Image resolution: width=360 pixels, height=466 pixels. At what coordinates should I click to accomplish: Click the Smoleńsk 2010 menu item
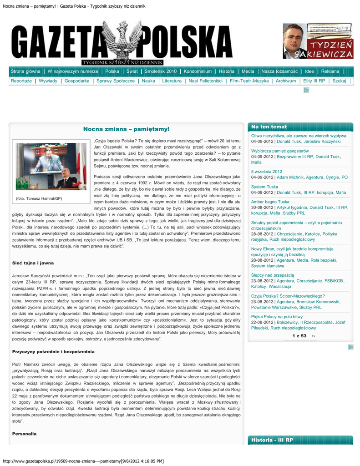coord(160,71)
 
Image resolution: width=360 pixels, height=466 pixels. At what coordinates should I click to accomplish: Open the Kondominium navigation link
coord(198,71)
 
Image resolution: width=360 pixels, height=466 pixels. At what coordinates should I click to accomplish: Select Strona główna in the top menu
coord(25,71)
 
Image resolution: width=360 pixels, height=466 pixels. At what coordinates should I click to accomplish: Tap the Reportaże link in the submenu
coord(21,81)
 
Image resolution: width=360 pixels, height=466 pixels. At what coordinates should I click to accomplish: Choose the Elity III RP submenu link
coord(314,81)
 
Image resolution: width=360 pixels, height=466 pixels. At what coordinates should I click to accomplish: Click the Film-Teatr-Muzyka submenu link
coord(249,81)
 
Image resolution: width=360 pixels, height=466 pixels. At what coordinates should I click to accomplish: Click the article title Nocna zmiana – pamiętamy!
coord(126,130)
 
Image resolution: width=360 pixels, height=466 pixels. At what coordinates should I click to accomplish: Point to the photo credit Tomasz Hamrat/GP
coord(39,198)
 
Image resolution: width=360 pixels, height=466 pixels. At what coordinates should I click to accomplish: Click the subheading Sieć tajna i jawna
coord(33,263)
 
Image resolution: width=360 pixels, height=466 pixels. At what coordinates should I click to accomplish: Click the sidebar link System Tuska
coord(264,187)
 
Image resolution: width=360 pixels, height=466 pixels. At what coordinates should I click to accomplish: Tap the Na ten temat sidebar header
coord(269,127)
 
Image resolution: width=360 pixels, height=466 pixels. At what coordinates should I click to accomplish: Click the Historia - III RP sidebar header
coord(272,440)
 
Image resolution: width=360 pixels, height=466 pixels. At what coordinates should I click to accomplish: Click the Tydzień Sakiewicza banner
coord(317,41)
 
